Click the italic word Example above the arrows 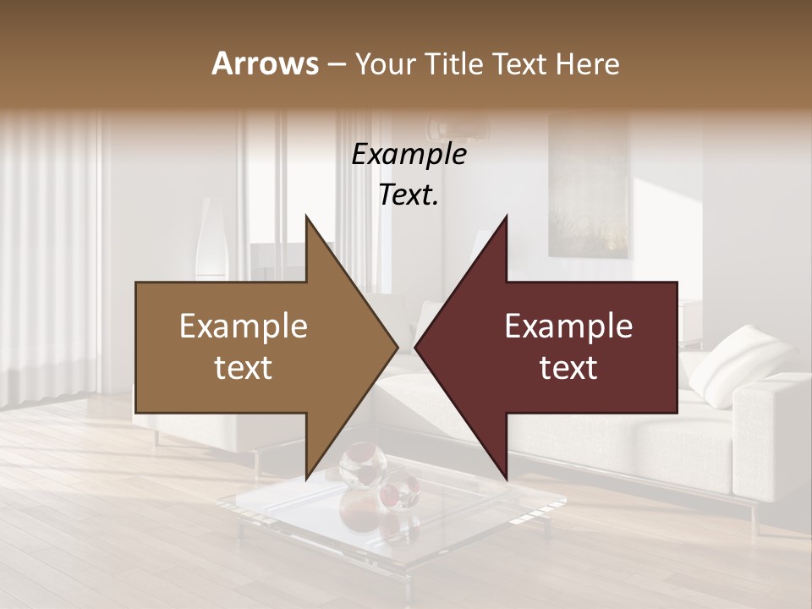point(409,155)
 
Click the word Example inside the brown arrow point(244,326)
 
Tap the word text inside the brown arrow point(244,368)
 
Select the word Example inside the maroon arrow point(568,326)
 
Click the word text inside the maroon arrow point(568,368)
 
